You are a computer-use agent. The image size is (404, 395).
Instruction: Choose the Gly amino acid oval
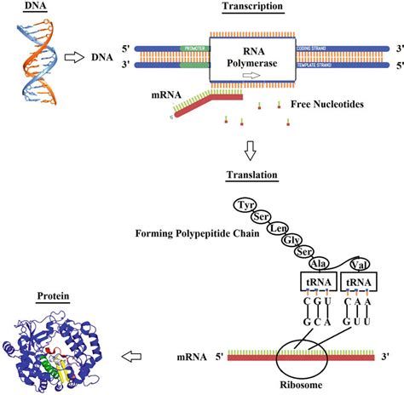point(273,242)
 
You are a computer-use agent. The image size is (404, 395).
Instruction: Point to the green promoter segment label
point(194,49)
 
